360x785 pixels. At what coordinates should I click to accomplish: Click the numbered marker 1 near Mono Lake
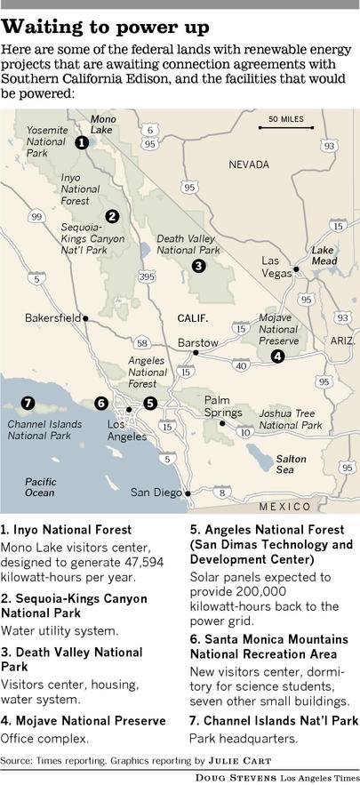click(81, 142)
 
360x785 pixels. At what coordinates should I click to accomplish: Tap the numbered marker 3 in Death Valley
click(198, 265)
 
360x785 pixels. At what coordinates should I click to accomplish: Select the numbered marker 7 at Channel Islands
click(28, 403)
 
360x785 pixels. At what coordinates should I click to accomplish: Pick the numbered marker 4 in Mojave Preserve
click(277, 356)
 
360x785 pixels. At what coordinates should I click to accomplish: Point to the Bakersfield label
click(52, 317)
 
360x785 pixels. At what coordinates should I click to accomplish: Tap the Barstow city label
click(197, 342)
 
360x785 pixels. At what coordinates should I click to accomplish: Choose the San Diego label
click(156, 492)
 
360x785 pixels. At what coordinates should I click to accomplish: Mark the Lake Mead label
click(324, 256)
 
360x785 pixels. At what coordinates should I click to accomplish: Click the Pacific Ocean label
click(40, 486)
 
